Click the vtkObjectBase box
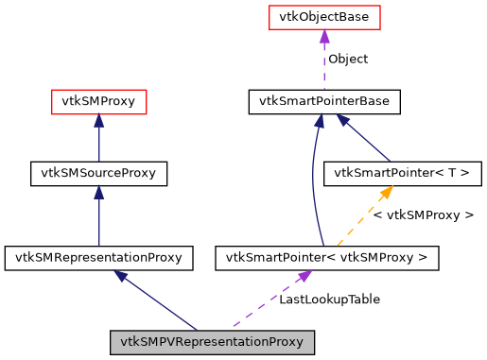pyautogui.click(x=324, y=17)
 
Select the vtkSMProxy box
pyautogui.click(x=98, y=101)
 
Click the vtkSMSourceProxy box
pyautogui.click(x=98, y=173)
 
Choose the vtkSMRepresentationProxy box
pyautogui.click(x=98, y=256)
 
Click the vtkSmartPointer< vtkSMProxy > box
pyautogui.click(x=327, y=256)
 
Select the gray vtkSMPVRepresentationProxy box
pyautogui.click(x=211, y=341)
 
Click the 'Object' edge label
pyautogui.click(x=347, y=59)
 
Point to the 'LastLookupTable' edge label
pyautogui.click(x=329, y=299)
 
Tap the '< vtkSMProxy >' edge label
pyautogui.click(x=423, y=215)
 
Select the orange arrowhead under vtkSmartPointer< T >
pyautogui.click(x=386, y=192)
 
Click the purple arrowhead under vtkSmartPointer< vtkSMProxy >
pyautogui.click(x=304, y=275)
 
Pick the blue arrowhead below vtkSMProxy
pyautogui.click(x=98, y=120)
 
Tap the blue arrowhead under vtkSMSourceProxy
pyautogui.click(x=98, y=192)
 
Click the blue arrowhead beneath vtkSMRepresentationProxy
pyautogui.click(x=120, y=275)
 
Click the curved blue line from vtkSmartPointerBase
pyautogui.click(x=313, y=180)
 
